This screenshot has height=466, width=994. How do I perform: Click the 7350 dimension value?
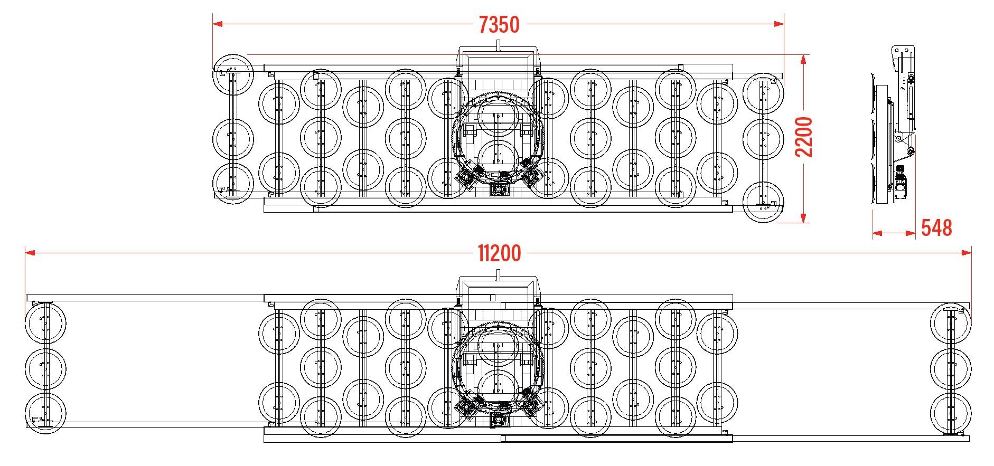pyautogui.click(x=499, y=25)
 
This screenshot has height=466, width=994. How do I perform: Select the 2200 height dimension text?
pyautogui.click(x=804, y=137)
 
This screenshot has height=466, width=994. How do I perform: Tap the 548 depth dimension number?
pyautogui.click(x=936, y=228)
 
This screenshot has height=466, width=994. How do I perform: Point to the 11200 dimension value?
pyautogui.click(x=499, y=253)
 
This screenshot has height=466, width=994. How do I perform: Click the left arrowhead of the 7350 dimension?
pyautogui.click(x=218, y=24)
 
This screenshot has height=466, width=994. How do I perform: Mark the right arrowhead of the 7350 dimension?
pyautogui.click(x=778, y=24)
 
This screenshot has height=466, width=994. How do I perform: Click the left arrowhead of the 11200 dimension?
pyautogui.click(x=31, y=253)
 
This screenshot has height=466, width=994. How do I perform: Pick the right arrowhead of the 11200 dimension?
pyautogui.click(x=966, y=253)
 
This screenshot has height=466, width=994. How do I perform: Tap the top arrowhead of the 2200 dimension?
pyautogui.click(x=803, y=60)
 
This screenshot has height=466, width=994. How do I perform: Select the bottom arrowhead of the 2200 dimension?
pyautogui.click(x=803, y=217)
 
